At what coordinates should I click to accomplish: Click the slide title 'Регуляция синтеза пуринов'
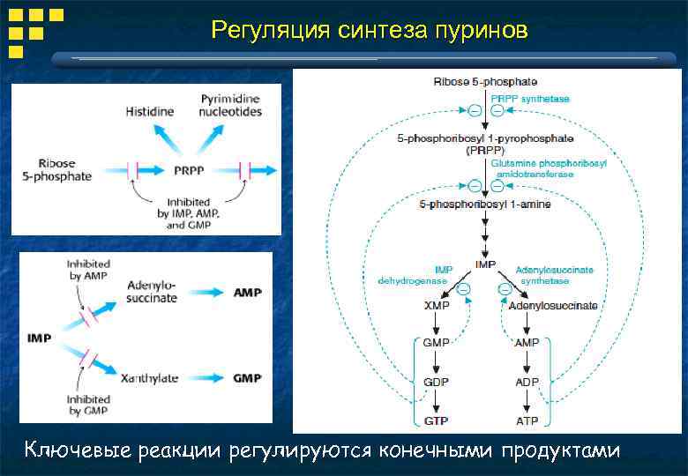coord(370,31)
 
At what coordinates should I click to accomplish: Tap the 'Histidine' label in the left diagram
coord(150,112)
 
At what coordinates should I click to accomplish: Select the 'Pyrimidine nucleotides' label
coord(230,106)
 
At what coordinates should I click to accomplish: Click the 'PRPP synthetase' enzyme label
coord(530,99)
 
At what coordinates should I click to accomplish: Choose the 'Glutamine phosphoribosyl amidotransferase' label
coord(537,168)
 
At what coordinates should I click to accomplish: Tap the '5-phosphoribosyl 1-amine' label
coord(485,205)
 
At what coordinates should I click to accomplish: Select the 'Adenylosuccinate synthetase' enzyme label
coord(554,275)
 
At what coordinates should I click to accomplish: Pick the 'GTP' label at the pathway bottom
coord(436,421)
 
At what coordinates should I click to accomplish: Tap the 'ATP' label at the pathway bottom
coord(527,421)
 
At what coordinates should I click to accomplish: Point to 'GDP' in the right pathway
coord(436,382)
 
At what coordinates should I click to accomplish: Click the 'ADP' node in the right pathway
coord(527,382)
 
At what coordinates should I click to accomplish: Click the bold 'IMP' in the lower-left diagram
coord(40,338)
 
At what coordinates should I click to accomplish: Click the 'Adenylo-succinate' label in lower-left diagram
coord(152,292)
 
